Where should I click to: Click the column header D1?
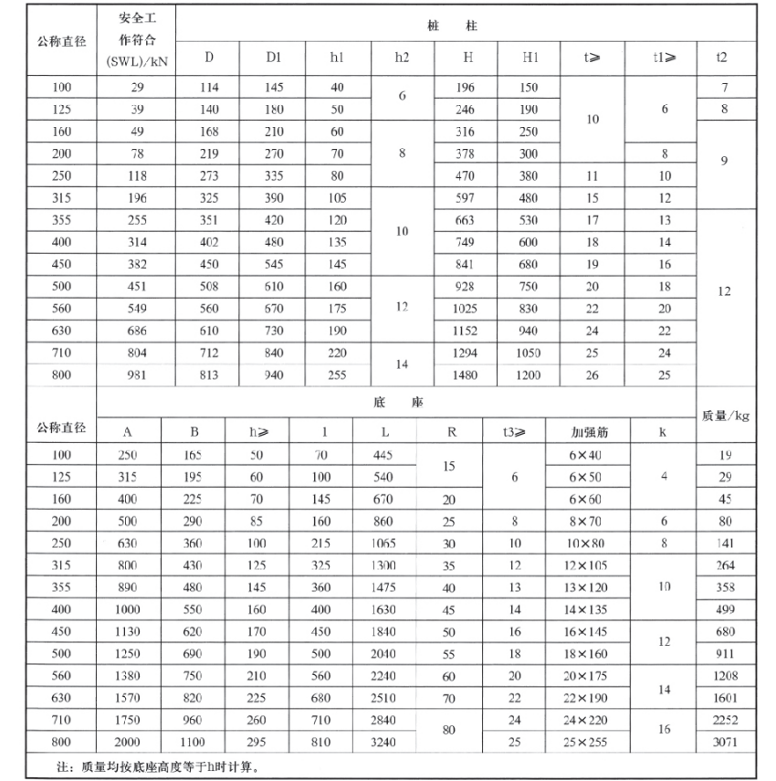(x=273, y=57)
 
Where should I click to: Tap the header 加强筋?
(x=589, y=432)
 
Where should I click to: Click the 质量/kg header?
(x=725, y=416)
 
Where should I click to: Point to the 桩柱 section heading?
(x=465, y=26)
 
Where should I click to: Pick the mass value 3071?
(x=725, y=742)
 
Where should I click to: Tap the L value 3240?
(x=384, y=742)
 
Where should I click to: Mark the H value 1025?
(x=465, y=309)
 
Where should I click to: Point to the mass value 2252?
(x=725, y=721)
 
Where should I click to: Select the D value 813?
(x=209, y=375)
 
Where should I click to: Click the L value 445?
(x=383, y=454)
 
